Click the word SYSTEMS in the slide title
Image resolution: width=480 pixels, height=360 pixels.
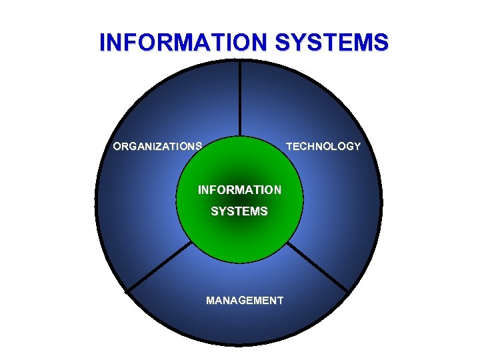(x=331, y=42)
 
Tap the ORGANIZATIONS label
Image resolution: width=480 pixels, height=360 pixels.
(x=157, y=146)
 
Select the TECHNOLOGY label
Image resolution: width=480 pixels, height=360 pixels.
(x=323, y=146)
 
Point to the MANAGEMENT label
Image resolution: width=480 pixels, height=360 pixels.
(x=245, y=301)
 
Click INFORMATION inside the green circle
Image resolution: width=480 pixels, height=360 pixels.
(x=239, y=190)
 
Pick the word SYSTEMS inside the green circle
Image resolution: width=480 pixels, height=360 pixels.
(x=239, y=211)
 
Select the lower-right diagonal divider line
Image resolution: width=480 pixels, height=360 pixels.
(x=319, y=267)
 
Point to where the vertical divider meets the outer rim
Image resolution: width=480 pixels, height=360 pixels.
(x=240, y=61)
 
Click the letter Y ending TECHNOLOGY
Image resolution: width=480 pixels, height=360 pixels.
(x=357, y=146)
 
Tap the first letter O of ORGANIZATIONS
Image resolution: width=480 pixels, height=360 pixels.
(x=117, y=146)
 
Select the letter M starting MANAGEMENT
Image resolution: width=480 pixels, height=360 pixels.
(x=211, y=301)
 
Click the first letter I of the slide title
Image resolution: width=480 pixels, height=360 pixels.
(x=102, y=42)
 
